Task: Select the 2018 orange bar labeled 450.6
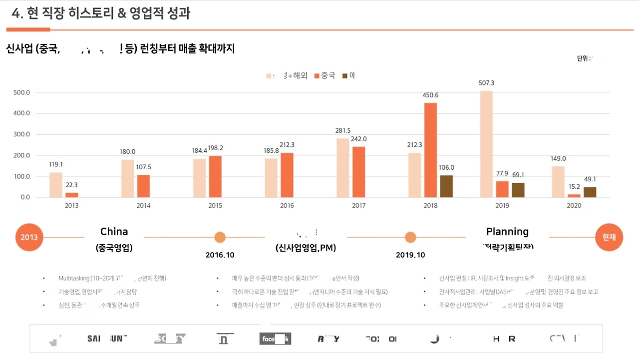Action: click(430, 150)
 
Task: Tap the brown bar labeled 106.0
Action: click(446, 186)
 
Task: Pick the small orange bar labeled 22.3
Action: click(72, 195)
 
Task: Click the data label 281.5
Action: click(342, 131)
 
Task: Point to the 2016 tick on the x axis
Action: click(287, 206)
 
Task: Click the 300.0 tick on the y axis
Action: click(21, 134)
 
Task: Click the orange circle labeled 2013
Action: click(29, 237)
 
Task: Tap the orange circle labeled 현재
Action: click(609, 237)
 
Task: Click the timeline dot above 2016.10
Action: click(220, 237)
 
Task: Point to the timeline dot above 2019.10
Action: click(410, 237)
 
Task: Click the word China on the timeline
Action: click(114, 232)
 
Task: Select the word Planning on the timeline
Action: click(507, 232)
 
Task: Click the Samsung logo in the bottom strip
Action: click(107, 339)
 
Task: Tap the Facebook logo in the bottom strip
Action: click(275, 339)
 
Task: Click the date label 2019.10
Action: click(410, 255)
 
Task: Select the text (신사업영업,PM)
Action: click(306, 248)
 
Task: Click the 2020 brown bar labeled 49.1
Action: click(590, 192)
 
